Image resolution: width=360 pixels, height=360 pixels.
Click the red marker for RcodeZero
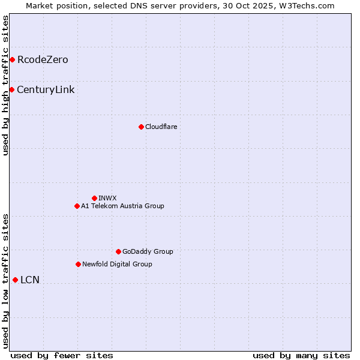tap(12, 59)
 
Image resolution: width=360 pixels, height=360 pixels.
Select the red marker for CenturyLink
tap(11, 89)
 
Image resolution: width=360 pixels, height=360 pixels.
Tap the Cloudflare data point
tap(141, 127)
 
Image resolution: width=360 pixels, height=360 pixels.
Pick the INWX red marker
tap(94, 198)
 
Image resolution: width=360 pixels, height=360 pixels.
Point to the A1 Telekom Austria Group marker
tap(77, 206)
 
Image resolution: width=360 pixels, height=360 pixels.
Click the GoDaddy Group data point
tap(118, 251)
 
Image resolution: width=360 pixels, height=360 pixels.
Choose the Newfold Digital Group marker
tap(78, 264)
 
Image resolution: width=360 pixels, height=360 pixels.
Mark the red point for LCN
tap(15, 280)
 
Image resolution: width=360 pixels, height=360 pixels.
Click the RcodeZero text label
tap(43, 60)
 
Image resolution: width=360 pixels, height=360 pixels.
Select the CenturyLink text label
tap(46, 90)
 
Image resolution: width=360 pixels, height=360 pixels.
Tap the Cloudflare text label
tap(161, 127)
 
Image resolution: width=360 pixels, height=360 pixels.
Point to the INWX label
tap(107, 198)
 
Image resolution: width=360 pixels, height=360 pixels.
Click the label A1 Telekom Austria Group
tap(122, 206)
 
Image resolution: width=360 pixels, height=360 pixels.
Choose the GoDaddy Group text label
tap(148, 251)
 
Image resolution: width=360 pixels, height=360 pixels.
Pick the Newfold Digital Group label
tap(117, 264)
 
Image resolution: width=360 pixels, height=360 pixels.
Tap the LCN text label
tap(30, 280)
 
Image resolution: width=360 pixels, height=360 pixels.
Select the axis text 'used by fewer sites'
tap(62, 355)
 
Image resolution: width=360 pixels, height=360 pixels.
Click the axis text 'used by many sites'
tap(301, 355)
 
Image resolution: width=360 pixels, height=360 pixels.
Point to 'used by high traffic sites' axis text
tap(5, 86)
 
